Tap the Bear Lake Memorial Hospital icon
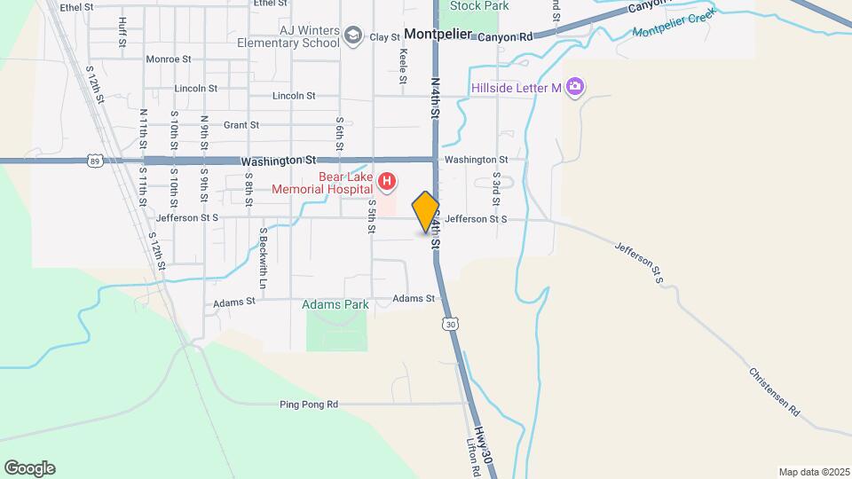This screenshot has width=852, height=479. pos(387,184)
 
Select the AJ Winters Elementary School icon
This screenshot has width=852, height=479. pos(353,35)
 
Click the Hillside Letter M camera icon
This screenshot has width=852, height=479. pos(575,87)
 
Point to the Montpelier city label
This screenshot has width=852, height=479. pos(437,35)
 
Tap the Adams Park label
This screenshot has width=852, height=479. pos(335,304)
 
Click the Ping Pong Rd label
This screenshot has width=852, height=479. pos(309,404)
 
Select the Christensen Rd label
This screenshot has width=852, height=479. pos(775,392)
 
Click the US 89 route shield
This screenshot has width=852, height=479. pos(95,161)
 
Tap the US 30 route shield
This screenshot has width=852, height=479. pos(452,325)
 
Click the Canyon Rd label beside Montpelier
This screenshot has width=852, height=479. pos(504,37)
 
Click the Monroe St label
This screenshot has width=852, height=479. pos(168,59)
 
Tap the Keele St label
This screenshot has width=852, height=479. pos(403,67)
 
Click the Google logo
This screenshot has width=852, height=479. pos(29,468)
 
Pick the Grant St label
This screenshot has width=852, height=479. pos(241,125)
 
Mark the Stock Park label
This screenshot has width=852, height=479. pos(479,5)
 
